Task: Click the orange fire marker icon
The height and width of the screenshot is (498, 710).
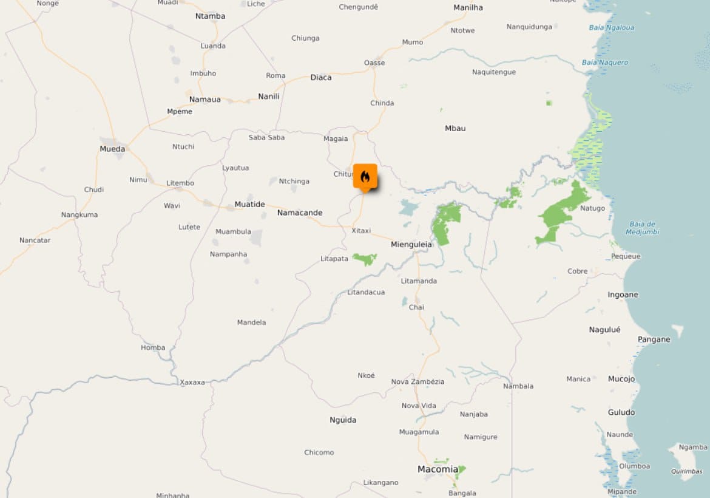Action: [365, 177]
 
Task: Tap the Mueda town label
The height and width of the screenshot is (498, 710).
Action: [112, 149]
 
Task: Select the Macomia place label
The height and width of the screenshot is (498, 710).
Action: [438, 469]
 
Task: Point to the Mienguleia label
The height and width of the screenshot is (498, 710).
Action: [411, 245]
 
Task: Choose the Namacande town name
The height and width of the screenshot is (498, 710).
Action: [300, 213]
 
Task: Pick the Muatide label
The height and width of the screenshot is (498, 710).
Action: [249, 204]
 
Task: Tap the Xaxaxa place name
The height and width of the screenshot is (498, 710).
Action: [192, 383]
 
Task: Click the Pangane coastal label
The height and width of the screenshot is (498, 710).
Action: [654, 339]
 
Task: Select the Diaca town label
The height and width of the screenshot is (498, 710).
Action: [321, 78]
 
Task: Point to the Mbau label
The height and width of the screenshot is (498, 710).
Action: [455, 128]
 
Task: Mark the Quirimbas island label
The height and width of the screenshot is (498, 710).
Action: [686, 471]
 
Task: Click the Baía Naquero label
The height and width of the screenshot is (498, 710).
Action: [605, 63]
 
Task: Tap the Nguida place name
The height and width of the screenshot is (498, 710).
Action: [343, 420]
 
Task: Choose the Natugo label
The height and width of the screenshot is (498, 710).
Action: [592, 208]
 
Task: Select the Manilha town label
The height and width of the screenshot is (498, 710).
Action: [468, 7]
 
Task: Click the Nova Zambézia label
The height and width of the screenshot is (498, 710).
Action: [418, 381]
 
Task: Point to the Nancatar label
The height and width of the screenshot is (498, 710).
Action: [35, 240]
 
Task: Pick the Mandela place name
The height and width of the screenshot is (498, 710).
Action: [251, 322]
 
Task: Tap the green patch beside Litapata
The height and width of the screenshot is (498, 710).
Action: [365, 259]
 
